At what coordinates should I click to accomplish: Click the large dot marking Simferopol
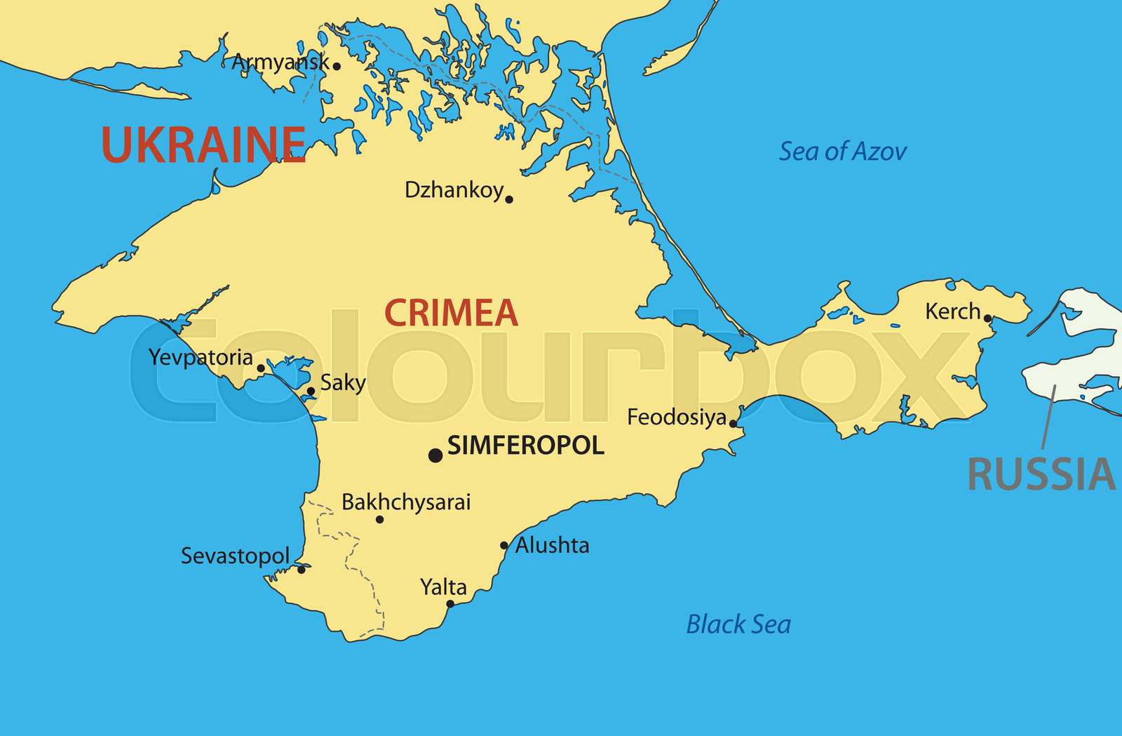pyautogui.click(x=435, y=455)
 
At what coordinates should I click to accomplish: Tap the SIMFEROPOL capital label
pyautogui.click(x=525, y=446)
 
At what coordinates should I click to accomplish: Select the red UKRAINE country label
pyautogui.click(x=203, y=145)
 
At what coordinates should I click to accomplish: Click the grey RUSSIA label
pyautogui.click(x=1041, y=474)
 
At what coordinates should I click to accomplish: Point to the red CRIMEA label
pyautogui.click(x=451, y=313)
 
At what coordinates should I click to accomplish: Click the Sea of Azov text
pyautogui.click(x=843, y=151)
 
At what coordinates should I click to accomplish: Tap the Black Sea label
pyautogui.click(x=738, y=624)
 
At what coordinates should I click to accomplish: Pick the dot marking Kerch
pyautogui.click(x=987, y=319)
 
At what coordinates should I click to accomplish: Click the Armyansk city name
pyautogui.click(x=280, y=62)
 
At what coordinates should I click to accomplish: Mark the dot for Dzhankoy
pyautogui.click(x=509, y=199)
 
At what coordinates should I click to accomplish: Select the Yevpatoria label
pyautogui.click(x=201, y=357)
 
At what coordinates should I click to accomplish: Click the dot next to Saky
pyautogui.click(x=311, y=392)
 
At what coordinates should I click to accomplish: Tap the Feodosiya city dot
pyautogui.click(x=733, y=423)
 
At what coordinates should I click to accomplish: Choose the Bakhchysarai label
pyautogui.click(x=405, y=502)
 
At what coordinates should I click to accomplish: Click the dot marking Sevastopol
pyautogui.click(x=302, y=569)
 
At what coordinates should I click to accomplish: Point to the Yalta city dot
pyautogui.click(x=450, y=603)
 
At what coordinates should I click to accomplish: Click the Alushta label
pyautogui.click(x=552, y=545)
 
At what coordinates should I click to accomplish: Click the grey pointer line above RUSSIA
pyautogui.click(x=1048, y=417)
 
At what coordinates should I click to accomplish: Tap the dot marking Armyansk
pyautogui.click(x=337, y=66)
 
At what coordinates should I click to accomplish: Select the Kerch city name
pyautogui.click(x=952, y=311)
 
